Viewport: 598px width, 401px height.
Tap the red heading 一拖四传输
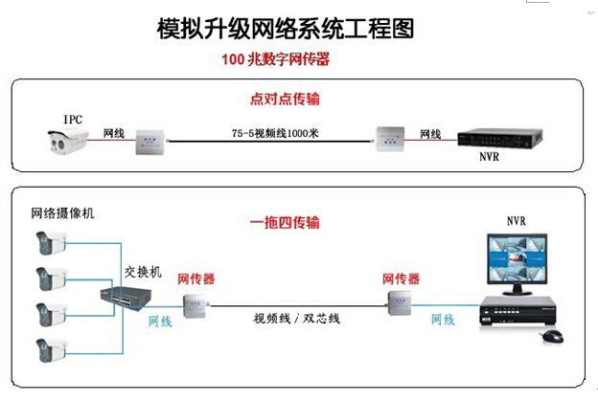[285, 223]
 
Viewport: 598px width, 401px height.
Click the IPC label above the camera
[73, 120]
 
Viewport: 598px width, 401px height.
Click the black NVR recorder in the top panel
[500, 141]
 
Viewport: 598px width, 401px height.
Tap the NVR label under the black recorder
[490, 162]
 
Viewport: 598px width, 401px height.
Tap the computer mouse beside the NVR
[552, 336]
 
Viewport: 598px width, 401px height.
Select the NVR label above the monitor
[517, 221]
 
